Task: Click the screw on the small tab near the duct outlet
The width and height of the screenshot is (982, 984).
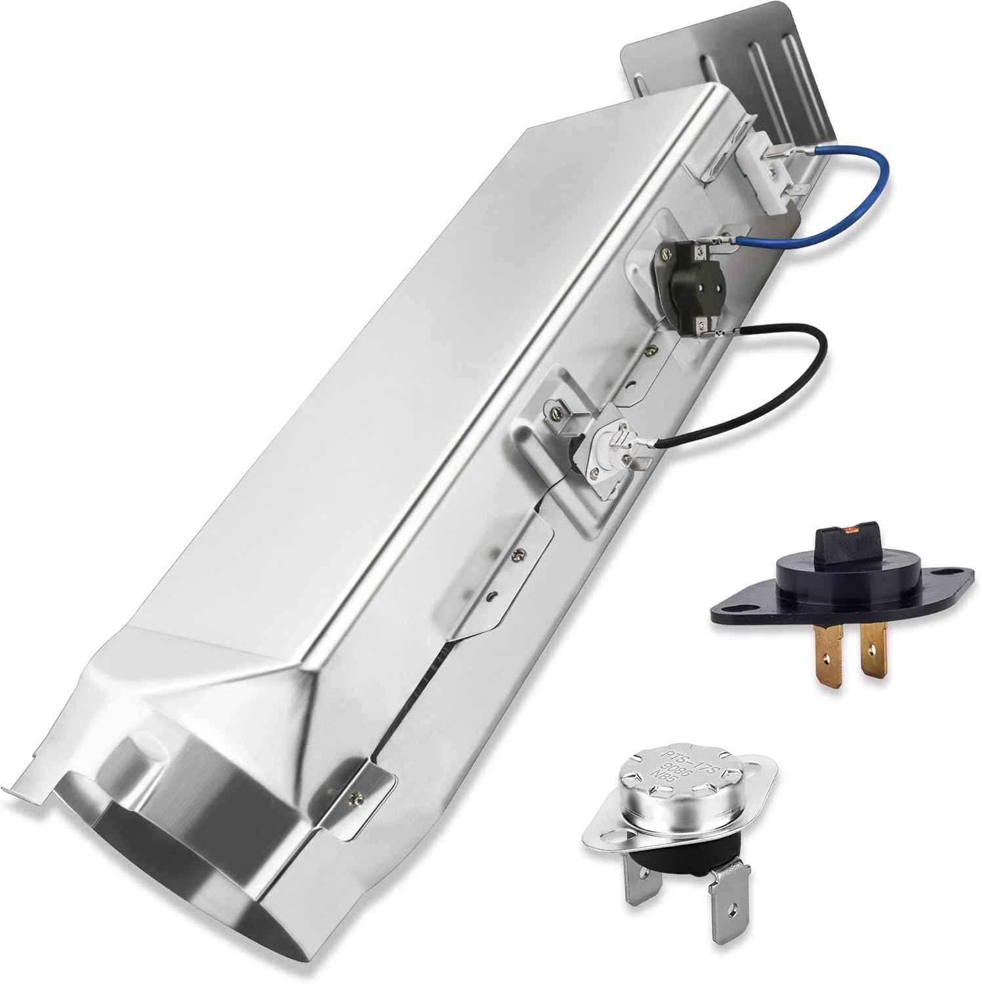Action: (358, 798)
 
